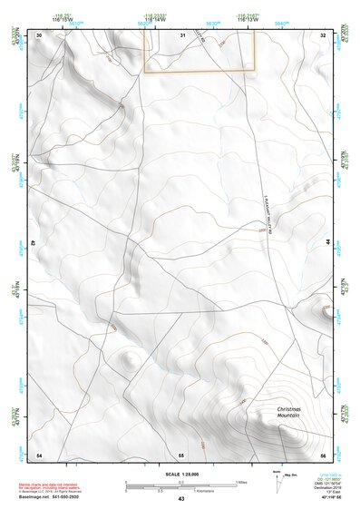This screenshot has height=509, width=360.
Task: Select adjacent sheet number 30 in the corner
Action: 39,34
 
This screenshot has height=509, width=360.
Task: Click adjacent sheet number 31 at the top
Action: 181,34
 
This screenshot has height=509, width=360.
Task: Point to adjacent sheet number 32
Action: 323,34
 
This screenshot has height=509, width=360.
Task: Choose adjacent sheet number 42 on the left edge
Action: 34,244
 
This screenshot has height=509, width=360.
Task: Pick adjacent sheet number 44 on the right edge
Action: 328,244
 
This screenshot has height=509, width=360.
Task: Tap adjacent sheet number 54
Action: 39,454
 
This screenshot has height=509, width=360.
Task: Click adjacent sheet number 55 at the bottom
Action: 181,454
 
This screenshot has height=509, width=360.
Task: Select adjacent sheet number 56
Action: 323,454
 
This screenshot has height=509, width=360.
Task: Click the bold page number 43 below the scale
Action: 181,499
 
